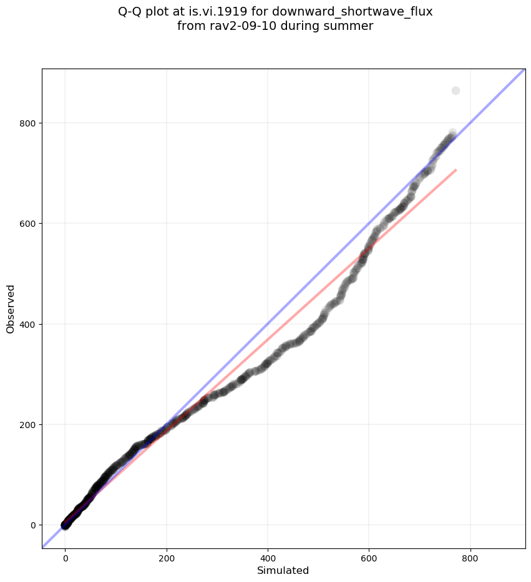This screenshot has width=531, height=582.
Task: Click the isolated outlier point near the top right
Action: pyautogui.click(x=455, y=90)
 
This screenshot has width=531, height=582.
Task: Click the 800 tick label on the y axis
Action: pyautogui.click(x=27, y=123)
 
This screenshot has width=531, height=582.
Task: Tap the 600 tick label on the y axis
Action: pyautogui.click(x=27, y=224)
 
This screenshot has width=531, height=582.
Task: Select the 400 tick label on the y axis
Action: pyautogui.click(x=27, y=325)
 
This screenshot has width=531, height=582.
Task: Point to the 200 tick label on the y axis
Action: pyautogui.click(x=27, y=425)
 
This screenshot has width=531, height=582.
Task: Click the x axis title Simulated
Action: pyautogui.click(x=283, y=570)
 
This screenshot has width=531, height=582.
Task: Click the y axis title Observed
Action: pyautogui.click(x=11, y=308)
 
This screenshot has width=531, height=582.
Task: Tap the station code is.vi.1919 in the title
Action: pyautogui.click(x=220, y=11)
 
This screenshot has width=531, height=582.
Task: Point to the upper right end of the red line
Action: pyautogui.click(x=456, y=169)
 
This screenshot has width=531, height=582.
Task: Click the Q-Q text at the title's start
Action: pyautogui.click(x=131, y=11)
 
